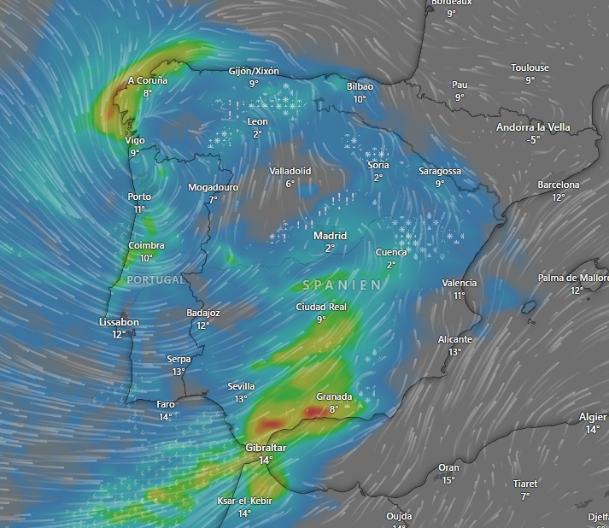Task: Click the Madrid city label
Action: click(x=330, y=236)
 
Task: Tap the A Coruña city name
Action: click(x=148, y=81)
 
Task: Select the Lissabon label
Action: click(x=119, y=322)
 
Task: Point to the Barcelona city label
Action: click(x=559, y=185)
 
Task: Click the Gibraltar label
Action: click(x=266, y=448)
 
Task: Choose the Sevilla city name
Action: click(x=241, y=386)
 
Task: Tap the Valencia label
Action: click(x=460, y=284)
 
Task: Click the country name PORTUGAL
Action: click(x=155, y=279)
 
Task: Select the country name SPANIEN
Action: click(x=342, y=285)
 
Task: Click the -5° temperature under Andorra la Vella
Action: click(x=534, y=140)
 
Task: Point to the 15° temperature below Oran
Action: click(x=448, y=480)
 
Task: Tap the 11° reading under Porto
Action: click(x=139, y=209)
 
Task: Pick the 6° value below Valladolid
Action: click(x=290, y=184)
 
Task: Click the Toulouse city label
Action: click(x=530, y=68)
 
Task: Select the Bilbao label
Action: click(x=360, y=86)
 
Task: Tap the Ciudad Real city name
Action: click(x=321, y=308)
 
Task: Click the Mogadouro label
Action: click(x=214, y=187)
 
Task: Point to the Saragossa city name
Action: click(x=440, y=171)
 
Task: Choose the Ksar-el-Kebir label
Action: click(x=244, y=501)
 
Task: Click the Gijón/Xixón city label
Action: click(x=254, y=72)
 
